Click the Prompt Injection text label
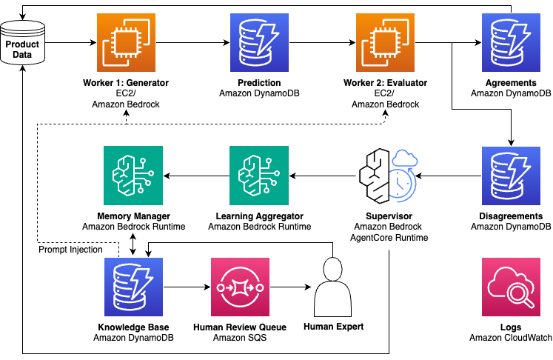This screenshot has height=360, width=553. (x=70, y=249)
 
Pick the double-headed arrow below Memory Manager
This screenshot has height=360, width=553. (x=133, y=244)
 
